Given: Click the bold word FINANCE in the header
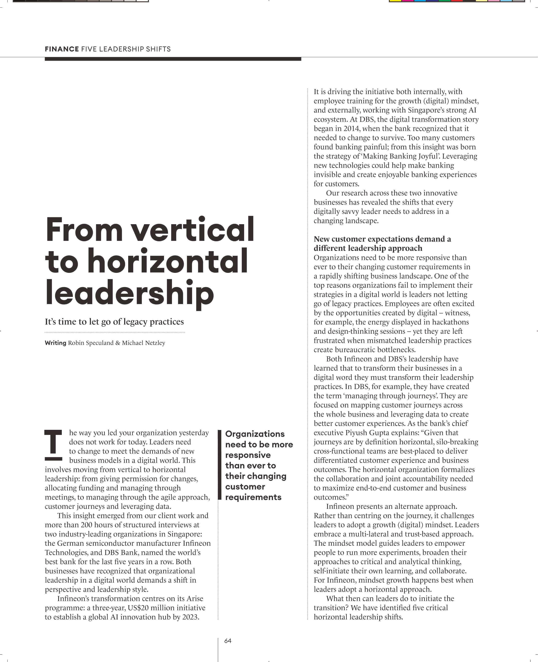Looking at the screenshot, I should [x=62, y=49].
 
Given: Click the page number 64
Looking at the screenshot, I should [x=228, y=641].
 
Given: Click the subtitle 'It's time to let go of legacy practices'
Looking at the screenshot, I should [x=114, y=322].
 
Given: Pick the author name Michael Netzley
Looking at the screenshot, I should [x=144, y=343].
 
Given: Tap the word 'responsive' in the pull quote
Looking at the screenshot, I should [x=248, y=455].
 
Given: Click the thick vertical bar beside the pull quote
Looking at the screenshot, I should [x=219, y=465].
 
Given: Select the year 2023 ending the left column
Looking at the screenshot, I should [x=190, y=617].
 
